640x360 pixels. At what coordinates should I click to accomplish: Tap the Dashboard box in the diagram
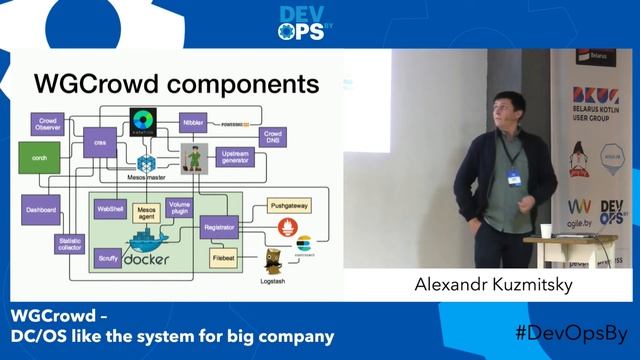tap(41, 210)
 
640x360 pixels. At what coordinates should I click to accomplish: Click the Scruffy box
tap(108, 257)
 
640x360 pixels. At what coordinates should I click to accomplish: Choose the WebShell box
tap(108, 210)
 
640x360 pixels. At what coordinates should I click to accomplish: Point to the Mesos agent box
tap(149, 214)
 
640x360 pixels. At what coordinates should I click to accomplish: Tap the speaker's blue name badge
tap(514, 176)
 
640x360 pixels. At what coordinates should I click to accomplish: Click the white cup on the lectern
tap(544, 231)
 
